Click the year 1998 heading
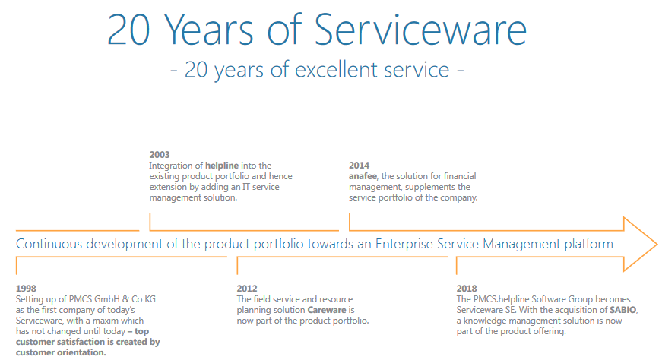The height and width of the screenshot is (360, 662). point(26,289)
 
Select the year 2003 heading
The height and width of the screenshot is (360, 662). point(160,155)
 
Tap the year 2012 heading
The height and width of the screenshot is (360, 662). point(247,289)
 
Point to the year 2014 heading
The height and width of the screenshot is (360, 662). point(359,166)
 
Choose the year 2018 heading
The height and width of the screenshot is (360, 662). point(467,289)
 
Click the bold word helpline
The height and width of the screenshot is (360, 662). point(222,166)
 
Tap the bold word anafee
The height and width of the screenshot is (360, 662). point(363,176)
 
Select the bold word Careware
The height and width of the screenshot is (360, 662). point(327,310)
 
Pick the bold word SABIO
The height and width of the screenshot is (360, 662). point(622,310)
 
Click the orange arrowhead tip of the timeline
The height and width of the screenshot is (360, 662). point(657,244)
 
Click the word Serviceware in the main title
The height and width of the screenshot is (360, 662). point(420,30)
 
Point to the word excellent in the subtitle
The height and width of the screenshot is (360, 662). point(372,70)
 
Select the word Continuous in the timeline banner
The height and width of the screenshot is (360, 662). point(49,244)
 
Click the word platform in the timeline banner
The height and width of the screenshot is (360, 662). point(588,245)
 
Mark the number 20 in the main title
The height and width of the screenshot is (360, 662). point(128,30)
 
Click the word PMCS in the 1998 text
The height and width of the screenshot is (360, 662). point(81,299)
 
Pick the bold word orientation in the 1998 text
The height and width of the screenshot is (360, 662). point(83,352)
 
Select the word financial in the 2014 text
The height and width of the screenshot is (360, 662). point(458,176)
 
